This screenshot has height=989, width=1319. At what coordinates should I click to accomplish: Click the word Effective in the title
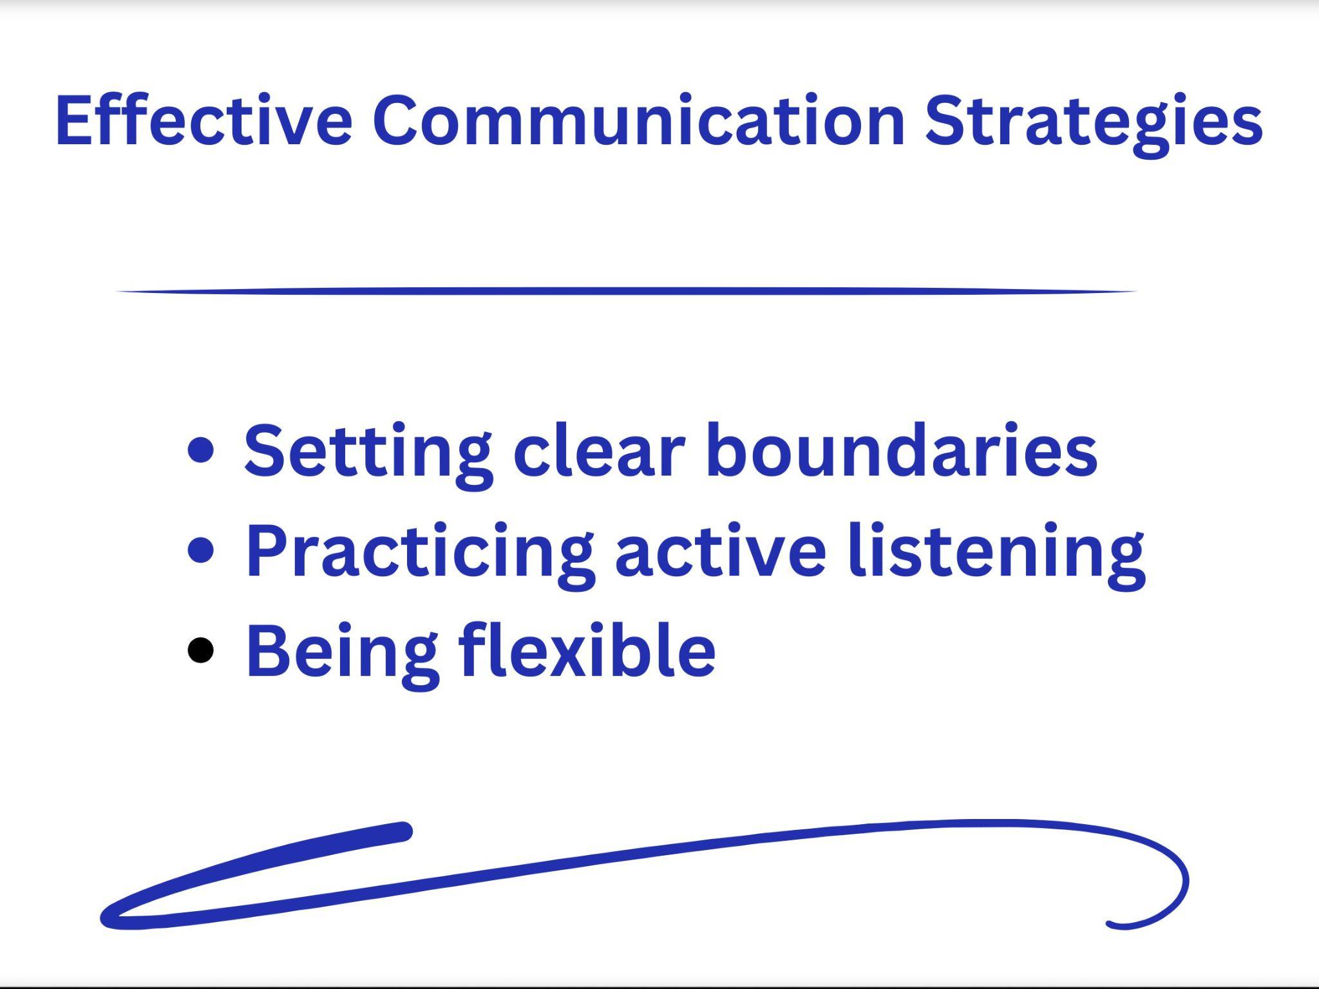tap(204, 120)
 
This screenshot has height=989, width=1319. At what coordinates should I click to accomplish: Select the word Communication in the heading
tap(638, 120)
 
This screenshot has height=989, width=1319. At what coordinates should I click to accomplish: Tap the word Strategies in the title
tap(1093, 122)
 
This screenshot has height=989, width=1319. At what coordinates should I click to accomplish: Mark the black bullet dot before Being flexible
tap(200, 650)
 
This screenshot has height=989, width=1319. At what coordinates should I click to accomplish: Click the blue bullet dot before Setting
tap(201, 450)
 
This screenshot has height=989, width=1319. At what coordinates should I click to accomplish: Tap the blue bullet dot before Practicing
tap(201, 551)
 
